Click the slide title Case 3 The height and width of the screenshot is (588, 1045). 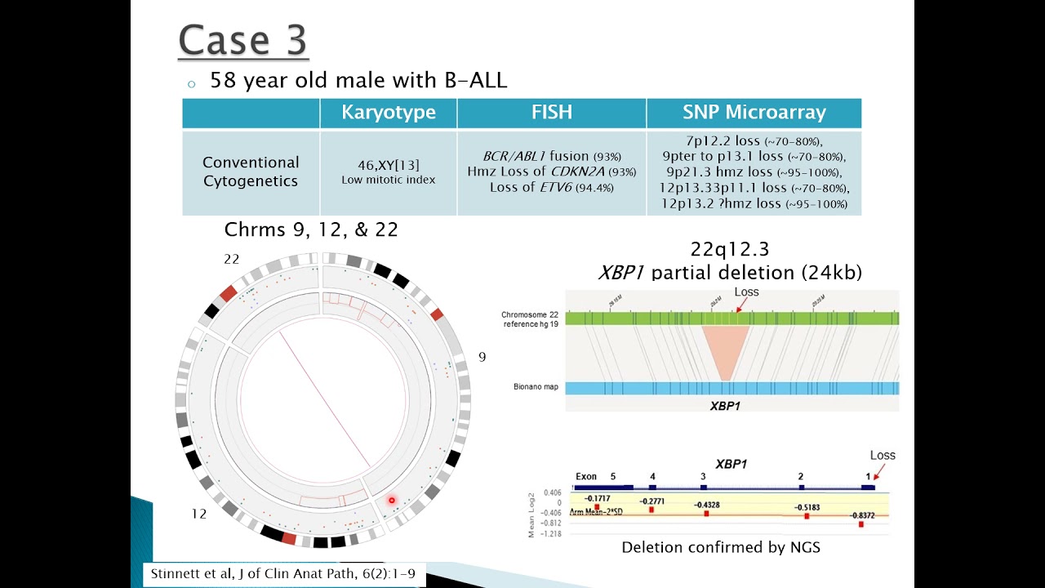click(x=242, y=40)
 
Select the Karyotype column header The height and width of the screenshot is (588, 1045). click(x=388, y=113)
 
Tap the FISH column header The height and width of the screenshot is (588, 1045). click(x=551, y=113)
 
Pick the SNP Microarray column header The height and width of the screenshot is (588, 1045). click(x=754, y=113)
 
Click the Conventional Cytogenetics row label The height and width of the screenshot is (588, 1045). click(x=251, y=171)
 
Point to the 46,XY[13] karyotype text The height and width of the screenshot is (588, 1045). click(x=388, y=165)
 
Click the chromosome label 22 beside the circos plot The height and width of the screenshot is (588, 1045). click(x=232, y=259)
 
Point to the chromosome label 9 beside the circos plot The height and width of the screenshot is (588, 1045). click(x=482, y=357)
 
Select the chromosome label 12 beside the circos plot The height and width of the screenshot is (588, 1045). click(x=198, y=514)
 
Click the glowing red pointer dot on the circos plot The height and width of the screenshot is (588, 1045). click(x=392, y=501)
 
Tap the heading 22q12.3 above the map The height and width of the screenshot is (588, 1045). click(x=729, y=249)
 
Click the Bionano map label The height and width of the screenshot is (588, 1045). click(x=536, y=386)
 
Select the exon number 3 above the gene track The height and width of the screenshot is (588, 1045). click(x=703, y=476)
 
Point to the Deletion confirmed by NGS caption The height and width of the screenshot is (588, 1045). click(x=720, y=547)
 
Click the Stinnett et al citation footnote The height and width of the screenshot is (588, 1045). click(x=283, y=573)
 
